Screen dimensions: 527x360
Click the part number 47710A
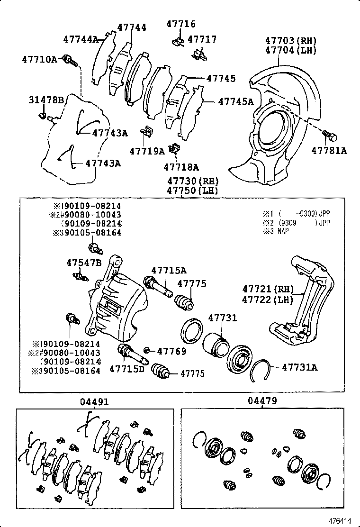(x=39, y=59)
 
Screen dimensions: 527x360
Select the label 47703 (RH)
(x=290, y=41)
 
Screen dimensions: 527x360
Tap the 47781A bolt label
(x=329, y=151)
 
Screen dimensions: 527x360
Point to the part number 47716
(x=180, y=24)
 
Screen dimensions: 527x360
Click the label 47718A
(x=181, y=167)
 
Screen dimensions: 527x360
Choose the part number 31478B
(x=46, y=100)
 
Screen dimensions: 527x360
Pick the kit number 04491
(x=94, y=402)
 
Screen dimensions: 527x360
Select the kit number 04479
(x=262, y=401)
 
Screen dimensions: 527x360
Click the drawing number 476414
(x=341, y=520)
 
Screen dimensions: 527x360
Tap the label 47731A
(x=300, y=366)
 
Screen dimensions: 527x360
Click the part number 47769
(x=171, y=351)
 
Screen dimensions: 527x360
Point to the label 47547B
(x=84, y=263)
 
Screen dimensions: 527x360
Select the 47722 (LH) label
(x=268, y=299)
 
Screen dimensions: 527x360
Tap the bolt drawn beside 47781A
(x=330, y=136)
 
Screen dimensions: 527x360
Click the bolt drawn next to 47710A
(x=72, y=60)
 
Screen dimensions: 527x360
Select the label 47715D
(x=127, y=368)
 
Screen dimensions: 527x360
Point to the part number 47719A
(x=147, y=151)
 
